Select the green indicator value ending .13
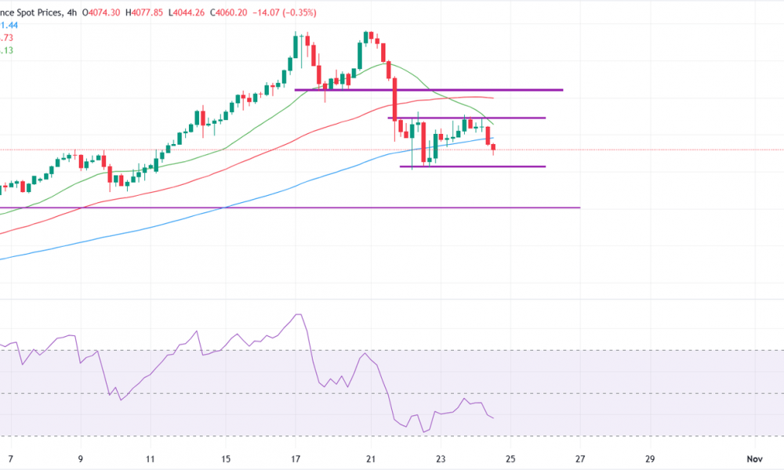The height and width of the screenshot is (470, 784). pos(8,50)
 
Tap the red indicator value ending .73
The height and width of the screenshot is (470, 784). pos(8,38)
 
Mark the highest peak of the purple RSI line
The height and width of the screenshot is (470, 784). pos(297,315)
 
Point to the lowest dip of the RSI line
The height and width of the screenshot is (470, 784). pos(423,432)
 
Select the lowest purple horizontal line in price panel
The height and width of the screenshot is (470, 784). pos(290,208)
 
